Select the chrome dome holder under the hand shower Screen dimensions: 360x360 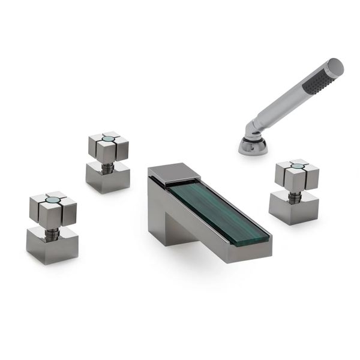(253, 145)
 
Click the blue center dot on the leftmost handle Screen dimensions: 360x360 (53, 200)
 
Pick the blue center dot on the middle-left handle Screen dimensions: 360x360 (109, 139)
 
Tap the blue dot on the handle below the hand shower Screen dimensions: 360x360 (296, 165)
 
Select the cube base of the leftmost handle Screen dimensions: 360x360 (52, 246)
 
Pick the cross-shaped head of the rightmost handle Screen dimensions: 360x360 (297, 175)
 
